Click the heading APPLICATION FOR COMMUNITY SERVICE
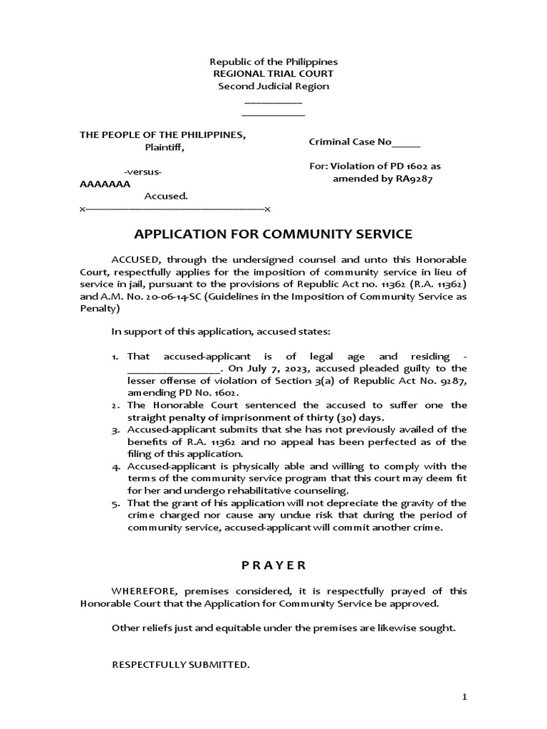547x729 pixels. [273, 234]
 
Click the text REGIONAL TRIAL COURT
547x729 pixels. [273, 74]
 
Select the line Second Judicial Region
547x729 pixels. [273, 86]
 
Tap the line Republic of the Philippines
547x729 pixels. [273, 62]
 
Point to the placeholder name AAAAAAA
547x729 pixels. [105, 184]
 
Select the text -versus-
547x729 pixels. [142, 172]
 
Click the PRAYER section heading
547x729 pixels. [273, 565]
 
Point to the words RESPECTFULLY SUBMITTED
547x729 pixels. [181, 665]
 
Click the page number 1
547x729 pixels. [464, 698]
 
